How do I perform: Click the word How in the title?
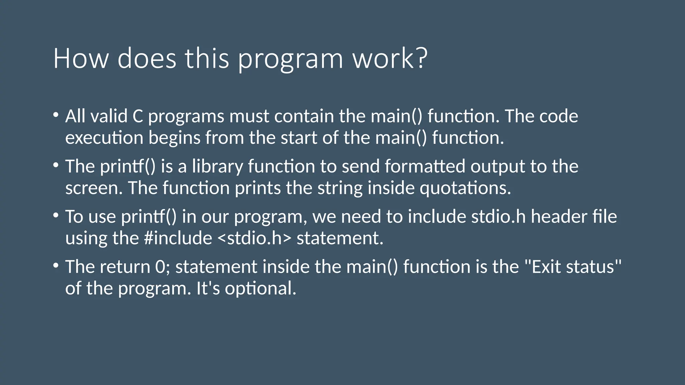(x=81, y=58)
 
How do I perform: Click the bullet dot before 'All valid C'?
(x=56, y=115)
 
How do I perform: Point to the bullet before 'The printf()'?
(x=56, y=165)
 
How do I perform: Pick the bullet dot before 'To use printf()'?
(x=56, y=215)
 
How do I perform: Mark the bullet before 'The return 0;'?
(x=56, y=265)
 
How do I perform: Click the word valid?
(x=109, y=116)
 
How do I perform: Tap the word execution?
(x=104, y=138)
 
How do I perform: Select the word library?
(x=217, y=166)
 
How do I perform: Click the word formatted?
(x=425, y=166)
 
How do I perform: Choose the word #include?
(x=178, y=238)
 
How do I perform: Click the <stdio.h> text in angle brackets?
(x=254, y=238)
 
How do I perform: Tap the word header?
(x=559, y=217)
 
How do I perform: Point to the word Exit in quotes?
(x=545, y=267)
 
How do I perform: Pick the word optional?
(x=260, y=288)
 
